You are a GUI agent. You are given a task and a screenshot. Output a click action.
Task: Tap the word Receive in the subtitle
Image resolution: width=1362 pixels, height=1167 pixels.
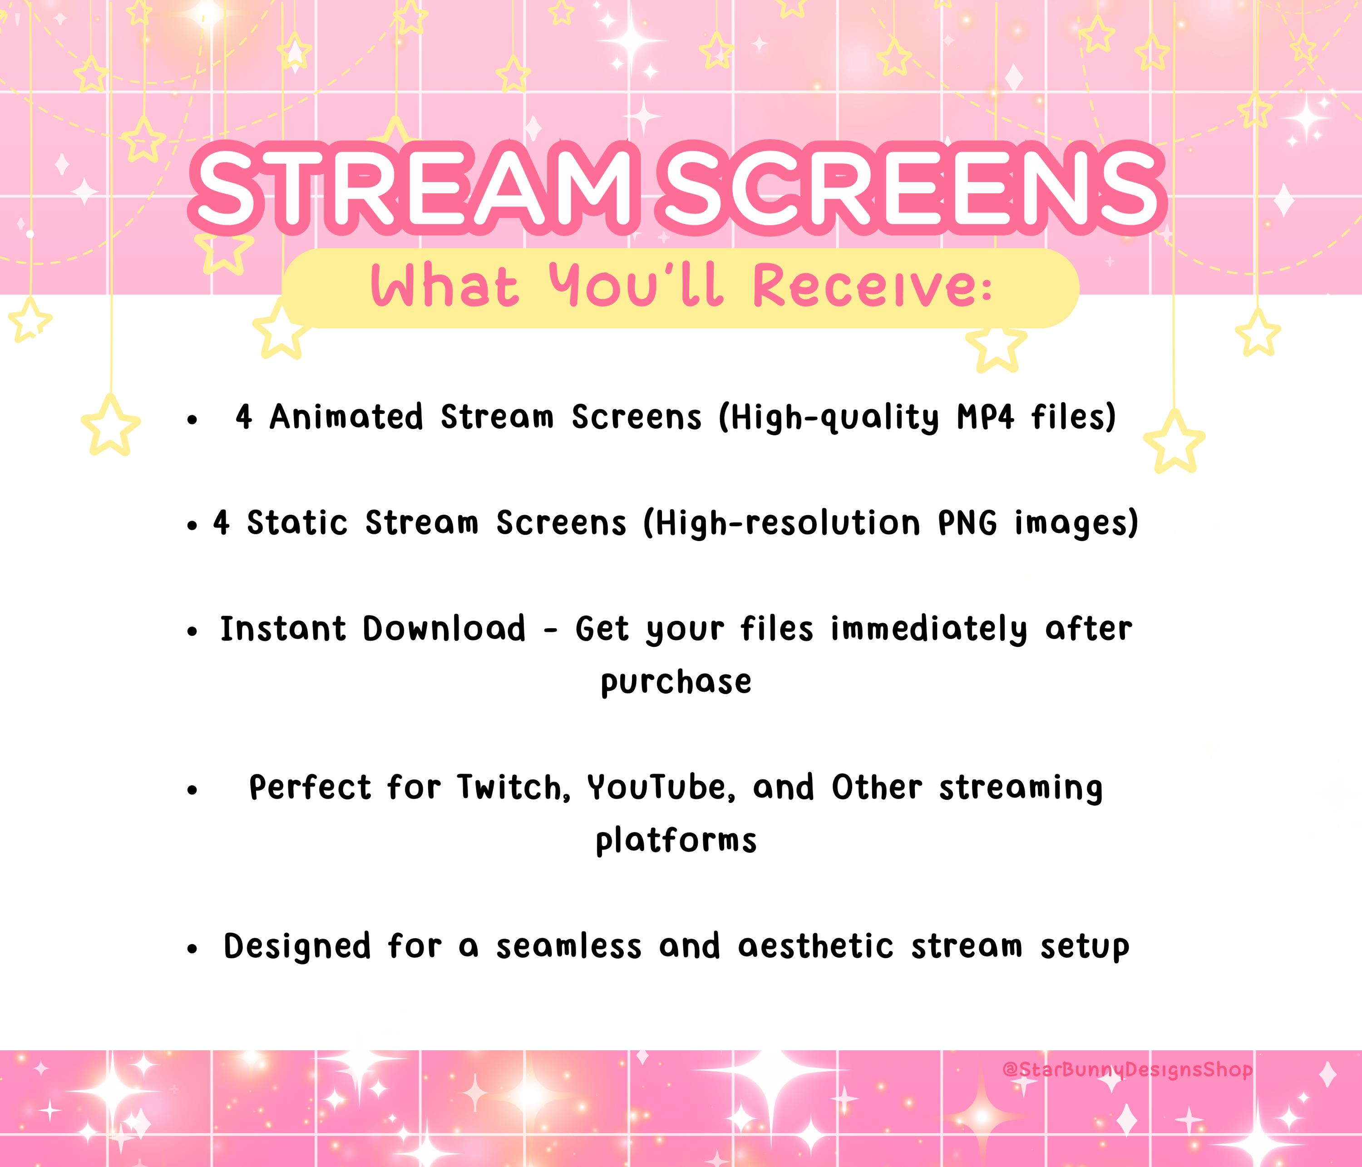[x=871, y=287]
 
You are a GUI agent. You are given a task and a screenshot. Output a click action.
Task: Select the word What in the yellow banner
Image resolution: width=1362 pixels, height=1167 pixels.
[x=444, y=287]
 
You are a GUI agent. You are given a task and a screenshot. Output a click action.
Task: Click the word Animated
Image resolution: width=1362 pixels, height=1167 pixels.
[x=346, y=417]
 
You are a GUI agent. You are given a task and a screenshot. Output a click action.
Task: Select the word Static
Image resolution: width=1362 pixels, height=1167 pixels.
[x=297, y=523]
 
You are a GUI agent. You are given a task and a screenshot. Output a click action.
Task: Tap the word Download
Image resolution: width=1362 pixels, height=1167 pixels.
[x=444, y=629]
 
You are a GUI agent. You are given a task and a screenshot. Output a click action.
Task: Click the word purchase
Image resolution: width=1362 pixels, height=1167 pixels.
[x=676, y=682]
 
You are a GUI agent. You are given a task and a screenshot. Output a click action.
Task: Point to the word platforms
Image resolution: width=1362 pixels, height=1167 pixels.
[x=676, y=841]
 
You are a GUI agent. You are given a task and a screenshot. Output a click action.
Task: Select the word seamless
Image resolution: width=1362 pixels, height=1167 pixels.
[x=568, y=947]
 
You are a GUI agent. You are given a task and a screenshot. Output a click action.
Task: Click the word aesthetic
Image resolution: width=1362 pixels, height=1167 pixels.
[x=815, y=947]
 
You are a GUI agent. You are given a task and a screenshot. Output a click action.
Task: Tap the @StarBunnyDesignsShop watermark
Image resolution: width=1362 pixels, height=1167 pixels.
[x=1127, y=1070]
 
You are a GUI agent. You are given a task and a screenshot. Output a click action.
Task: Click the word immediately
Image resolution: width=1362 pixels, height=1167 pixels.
[x=928, y=629]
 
